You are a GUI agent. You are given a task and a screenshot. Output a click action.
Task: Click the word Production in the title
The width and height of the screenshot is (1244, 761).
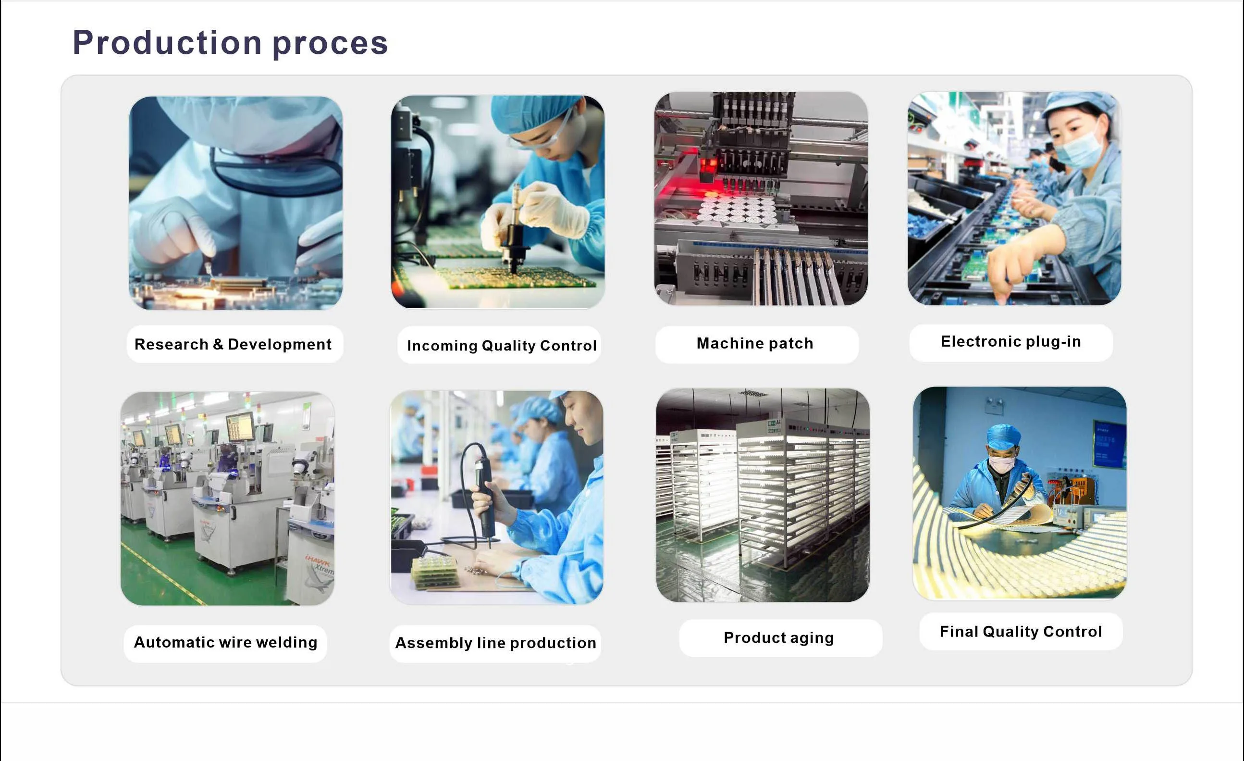tap(167, 42)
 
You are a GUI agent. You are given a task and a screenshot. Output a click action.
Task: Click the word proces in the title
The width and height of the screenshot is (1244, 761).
tap(330, 44)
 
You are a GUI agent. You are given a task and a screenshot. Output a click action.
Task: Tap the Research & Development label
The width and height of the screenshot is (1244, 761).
tap(233, 344)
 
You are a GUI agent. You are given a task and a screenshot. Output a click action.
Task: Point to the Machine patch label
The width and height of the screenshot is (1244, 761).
tap(755, 343)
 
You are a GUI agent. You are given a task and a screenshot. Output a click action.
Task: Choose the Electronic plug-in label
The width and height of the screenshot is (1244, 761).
tap(1011, 342)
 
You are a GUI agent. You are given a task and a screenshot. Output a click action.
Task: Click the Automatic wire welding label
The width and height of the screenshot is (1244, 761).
tap(226, 642)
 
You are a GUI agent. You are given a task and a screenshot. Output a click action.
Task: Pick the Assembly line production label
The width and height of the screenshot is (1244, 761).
tap(496, 643)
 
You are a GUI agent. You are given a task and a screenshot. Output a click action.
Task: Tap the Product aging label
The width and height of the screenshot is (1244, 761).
tap(778, 638)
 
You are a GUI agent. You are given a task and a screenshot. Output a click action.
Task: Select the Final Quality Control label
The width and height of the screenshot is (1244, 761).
tap(1021, 632)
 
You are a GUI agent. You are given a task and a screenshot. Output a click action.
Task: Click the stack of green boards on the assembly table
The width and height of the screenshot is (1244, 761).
tap(436, 573)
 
